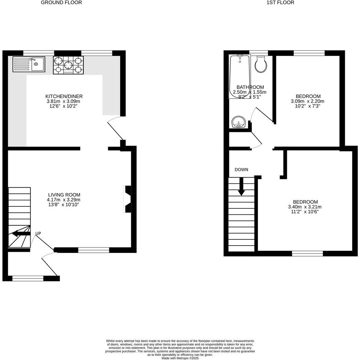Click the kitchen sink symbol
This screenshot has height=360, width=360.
(x=29, y=64)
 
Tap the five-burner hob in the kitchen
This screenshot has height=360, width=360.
(x=68, y=65)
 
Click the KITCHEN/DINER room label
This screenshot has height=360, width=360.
(x=64, y=97)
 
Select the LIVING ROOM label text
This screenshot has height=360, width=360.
(x=64, y=195)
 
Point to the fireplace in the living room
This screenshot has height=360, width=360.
(x=127, y=200)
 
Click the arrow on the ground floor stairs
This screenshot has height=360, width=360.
(x=21, y=234)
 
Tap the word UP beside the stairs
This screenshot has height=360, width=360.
(x=38, y=234)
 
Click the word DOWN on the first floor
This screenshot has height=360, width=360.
(x=241, y=170)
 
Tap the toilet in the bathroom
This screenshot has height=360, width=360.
(x=261, y=64)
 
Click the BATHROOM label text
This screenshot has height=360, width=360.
(x=250, y=87)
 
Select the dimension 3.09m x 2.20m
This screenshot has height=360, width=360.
(x=307, y=101)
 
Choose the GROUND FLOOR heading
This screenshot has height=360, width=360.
(x=61, y=3)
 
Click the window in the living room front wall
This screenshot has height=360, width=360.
(x=93, y=250)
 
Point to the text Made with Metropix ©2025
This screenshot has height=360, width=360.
(x=180, y=358)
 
